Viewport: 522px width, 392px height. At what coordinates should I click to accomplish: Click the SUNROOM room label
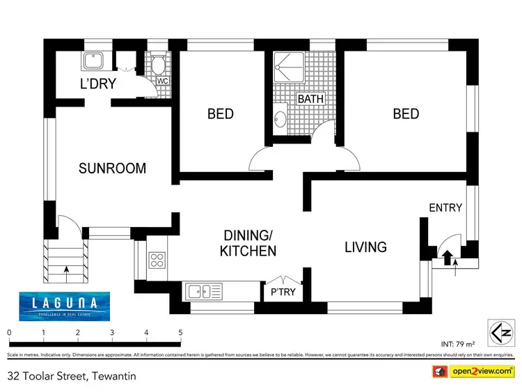(x=112, y=168)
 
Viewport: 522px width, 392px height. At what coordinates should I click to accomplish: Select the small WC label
(x=163, y=81)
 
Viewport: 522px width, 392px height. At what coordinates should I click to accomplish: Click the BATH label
(x=310, y=99)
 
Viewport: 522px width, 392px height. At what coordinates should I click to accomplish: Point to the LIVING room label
(x=365, y=246)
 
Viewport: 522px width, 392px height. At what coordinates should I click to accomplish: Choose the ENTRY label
(x=445, y=207)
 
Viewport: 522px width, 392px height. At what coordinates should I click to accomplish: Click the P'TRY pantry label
(x=283, y=292)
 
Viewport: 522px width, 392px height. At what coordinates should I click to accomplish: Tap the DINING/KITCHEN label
(x=248, y=243)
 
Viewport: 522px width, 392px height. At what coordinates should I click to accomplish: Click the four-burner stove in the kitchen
(x=157, y=260)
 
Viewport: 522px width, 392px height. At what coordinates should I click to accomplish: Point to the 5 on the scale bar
(x=180, y=332)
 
